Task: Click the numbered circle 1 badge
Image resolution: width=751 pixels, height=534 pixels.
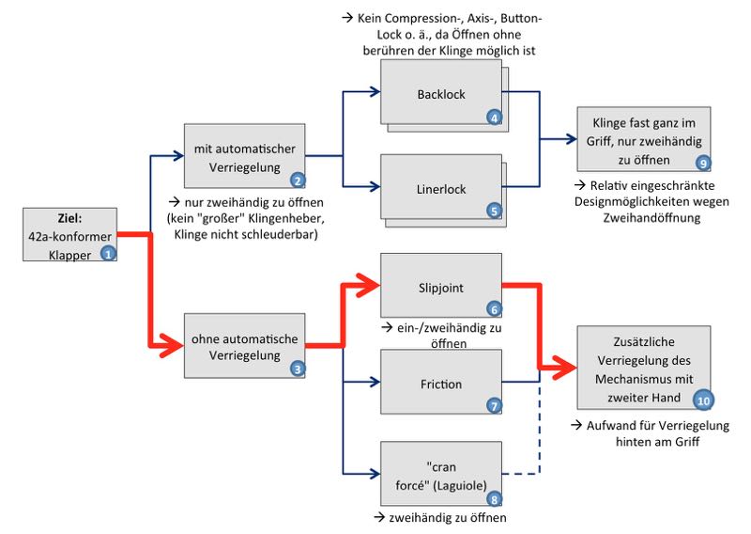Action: pos(108,253)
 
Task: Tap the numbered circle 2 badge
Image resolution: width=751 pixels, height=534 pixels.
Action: pos(297,181)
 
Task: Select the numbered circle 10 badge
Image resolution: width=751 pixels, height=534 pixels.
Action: pos(703,399)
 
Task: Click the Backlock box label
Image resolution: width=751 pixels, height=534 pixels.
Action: pos(440,94)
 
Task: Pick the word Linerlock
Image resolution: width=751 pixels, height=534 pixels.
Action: pos(440,189)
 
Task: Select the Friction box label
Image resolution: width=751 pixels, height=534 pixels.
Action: pos(440,384)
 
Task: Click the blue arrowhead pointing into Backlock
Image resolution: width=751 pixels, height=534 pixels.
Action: pos(373,92)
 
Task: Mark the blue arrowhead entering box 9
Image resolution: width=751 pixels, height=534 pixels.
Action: pos(570,139)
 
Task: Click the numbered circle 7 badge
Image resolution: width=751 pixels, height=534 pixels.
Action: pos(494,405)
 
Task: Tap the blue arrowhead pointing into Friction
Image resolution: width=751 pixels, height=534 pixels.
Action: pos(373,382)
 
